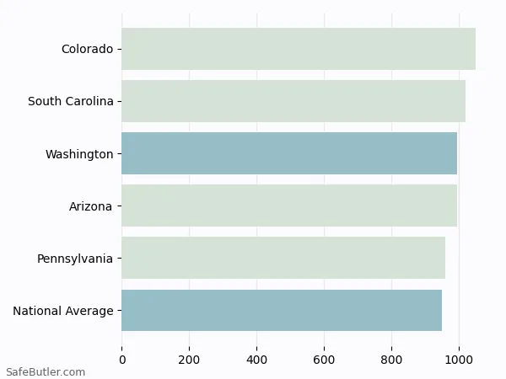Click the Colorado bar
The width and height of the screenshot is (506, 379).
coord(298,49)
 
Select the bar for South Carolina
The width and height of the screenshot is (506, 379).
coord(293,101)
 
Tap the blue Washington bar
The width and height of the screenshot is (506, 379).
coord(288,153)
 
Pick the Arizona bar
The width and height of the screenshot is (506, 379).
coord(288,206)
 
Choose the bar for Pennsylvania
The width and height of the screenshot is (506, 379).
coord(283,258)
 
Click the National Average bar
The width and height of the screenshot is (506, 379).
coord(281,310)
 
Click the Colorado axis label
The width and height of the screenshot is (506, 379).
coord(87,49)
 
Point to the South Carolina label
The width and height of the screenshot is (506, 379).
coord(70,101)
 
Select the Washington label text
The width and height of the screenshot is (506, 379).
coord(79,154)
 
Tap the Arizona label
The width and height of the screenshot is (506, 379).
coord(90,206)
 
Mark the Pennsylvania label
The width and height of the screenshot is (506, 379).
coord(74,259)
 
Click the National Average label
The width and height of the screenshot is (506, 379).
coord(62,311)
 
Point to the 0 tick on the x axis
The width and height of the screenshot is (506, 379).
coord(122,360)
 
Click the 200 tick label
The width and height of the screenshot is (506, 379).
coord(190,360)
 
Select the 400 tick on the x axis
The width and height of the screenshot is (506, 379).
coord(257,360)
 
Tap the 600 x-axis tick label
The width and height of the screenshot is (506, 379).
coord(325,360)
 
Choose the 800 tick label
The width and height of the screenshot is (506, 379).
coord(392,360)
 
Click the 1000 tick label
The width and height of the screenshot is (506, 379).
coord(459,360)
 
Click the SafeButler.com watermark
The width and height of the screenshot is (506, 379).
coord(45,371)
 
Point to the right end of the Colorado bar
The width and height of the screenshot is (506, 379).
coord(475,49)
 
